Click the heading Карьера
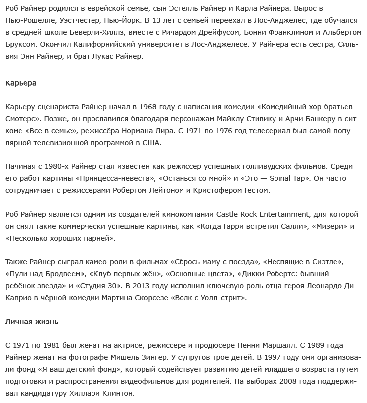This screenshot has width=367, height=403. pos(21,83)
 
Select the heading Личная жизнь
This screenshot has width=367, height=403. pos(32,322)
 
